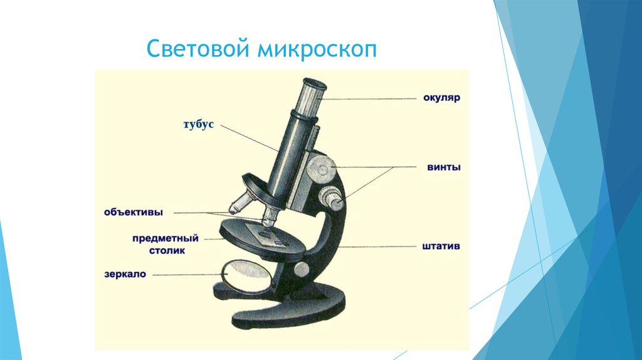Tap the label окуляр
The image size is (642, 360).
(441, 98)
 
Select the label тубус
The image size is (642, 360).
(199, 125)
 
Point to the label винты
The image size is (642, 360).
(444, 167)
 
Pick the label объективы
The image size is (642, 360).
(134, 212)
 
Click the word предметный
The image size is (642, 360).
(166, 238)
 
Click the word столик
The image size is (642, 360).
(167, 250)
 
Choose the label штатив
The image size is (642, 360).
(441, 246)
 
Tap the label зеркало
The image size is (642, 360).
(125, 274)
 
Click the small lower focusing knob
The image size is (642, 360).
(331, 198)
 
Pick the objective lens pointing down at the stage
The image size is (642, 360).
(270, 216)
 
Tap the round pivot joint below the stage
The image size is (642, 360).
(302, 269)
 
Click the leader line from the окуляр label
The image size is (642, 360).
(369, 98)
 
